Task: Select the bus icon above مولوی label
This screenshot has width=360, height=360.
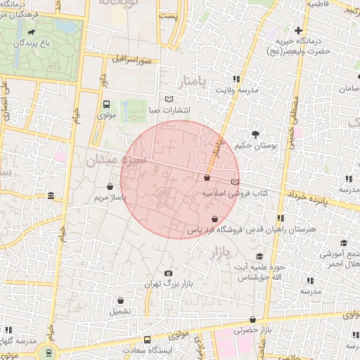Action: pyautogui.click(x=106, y=104)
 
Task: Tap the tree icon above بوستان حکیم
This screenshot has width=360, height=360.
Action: pyautogui.click(x=255, y=134)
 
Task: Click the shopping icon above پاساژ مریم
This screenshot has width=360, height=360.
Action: pyautogui.click(x=110, y=187)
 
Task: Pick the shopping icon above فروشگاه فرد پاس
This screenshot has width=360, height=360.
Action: pyautogui.click(x=214, y=219)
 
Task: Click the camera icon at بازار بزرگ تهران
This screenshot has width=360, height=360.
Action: pyautogui.click(x=167, y=274)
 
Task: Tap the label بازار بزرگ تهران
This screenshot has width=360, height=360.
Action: pyautogui.click(x=167, y=284)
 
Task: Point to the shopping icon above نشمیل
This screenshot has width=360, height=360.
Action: pyautogui.click(x=120, y=300)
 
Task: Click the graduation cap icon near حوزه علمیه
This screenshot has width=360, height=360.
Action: pyautogui.click(x=259, y=257)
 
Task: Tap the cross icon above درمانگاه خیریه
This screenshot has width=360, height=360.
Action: pyautogui.click(x=299, y=30)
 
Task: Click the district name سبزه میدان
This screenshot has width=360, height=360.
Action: pyautogui.click(x=115, y=160)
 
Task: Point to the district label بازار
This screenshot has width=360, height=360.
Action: pyautogui.click(x=219, y=251)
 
